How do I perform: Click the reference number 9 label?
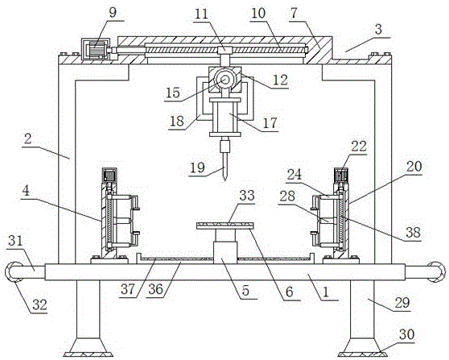[x=113, y=13]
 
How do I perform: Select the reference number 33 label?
[x=247, y=196]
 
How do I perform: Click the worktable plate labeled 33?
[x=225, y=226]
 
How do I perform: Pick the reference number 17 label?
[x=270, y=122]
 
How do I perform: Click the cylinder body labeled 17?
[x=224, y=118]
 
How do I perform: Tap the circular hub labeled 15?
[x=224, y=80]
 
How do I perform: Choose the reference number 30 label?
[x=407, y=334]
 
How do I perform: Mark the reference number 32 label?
[x=39, y=304]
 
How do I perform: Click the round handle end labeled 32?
[x=11, y=271]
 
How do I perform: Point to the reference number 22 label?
[x=359, y=147]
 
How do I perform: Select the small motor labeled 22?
[x=341, y=175]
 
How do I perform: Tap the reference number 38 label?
[x=414, y=233]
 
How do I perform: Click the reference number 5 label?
[x=245, y=291]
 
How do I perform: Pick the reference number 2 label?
[x=27, y=139]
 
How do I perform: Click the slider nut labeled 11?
[x=224, y=50]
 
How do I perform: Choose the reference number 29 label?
[x=402, y=303]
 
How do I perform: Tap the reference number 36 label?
[x=156, y=289]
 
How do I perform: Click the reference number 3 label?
[x=378, y=30]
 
